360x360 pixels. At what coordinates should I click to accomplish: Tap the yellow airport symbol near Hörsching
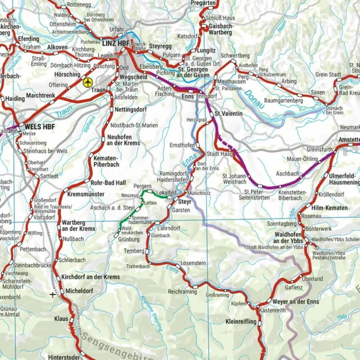(x=87, y=82)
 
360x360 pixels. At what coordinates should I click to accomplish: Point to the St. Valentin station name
(x=228, y=114)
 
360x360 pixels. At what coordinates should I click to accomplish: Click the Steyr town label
(x=183, y=202)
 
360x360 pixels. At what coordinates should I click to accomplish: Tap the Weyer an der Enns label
(x=296, y=302)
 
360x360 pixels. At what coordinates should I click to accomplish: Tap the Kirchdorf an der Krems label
(x=90, y=277)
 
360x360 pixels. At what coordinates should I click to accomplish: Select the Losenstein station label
(x=193, y=263)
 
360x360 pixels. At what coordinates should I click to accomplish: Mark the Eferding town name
(x=28, y=39)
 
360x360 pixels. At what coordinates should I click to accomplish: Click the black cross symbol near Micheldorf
(x=54, y=294)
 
